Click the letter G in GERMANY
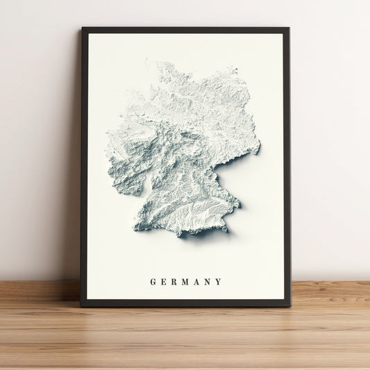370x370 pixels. tap(153, 282)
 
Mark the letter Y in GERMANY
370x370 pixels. tap(219, 282)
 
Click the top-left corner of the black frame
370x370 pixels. tap(82, 28)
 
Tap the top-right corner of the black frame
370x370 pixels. tap(289, 28)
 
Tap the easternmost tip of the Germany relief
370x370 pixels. tap(260, 147)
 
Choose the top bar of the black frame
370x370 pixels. tap(185, 31)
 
